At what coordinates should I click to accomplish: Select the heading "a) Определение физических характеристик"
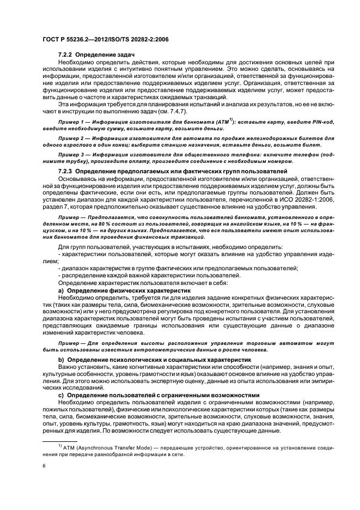pos(105,292)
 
